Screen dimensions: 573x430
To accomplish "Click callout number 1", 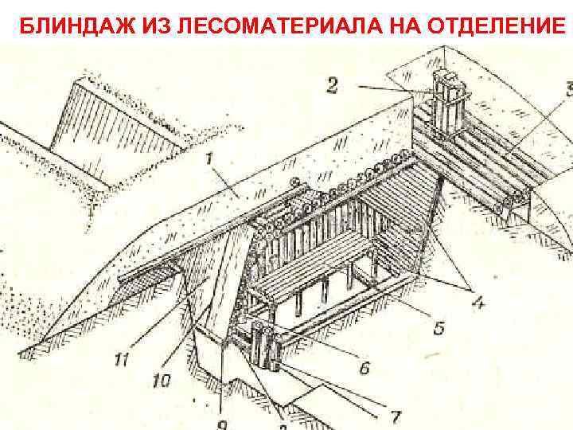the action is tap(208, 159).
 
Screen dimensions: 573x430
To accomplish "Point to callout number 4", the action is tap(480, 303).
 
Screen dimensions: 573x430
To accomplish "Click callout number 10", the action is tap(162, 381).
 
